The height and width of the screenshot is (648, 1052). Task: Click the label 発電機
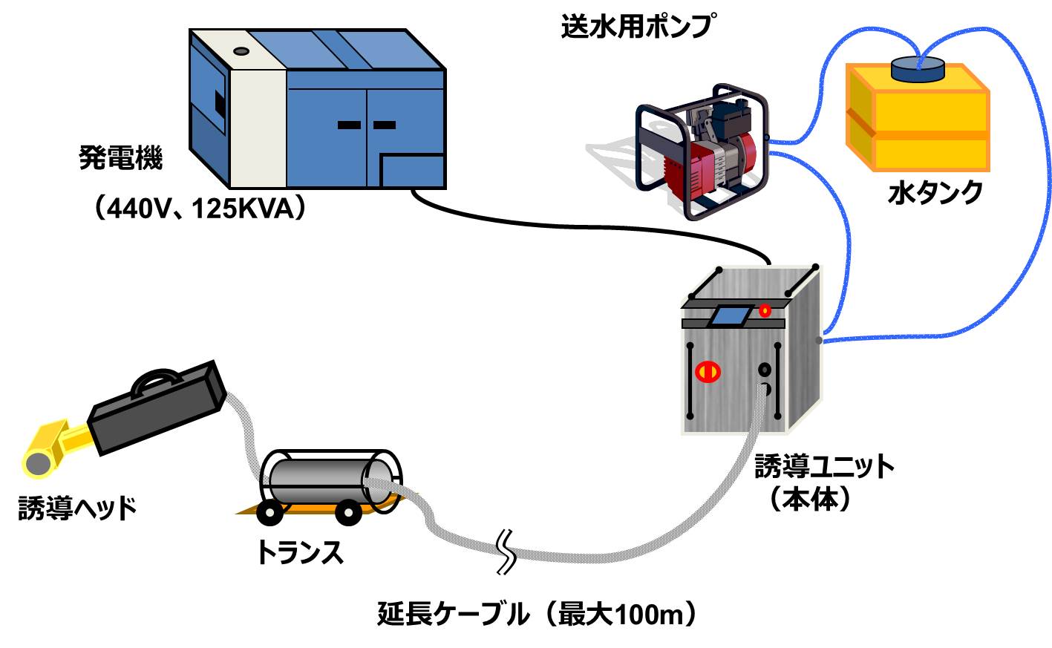[120, 158]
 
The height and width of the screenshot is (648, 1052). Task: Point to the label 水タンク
[935, 193]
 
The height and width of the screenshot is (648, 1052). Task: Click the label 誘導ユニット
[824, 467]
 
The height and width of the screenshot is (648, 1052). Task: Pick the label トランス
[299, 553]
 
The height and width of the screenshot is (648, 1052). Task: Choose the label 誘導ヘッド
[77, 508]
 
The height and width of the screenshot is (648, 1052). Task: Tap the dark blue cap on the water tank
[918, 70]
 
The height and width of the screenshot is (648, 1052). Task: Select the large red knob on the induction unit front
[708, 371]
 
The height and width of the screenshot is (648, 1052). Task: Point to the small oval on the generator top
[241, 51]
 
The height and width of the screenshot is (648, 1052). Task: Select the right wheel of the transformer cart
[347, 512]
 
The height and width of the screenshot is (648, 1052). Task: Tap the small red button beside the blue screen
[765, 310]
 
